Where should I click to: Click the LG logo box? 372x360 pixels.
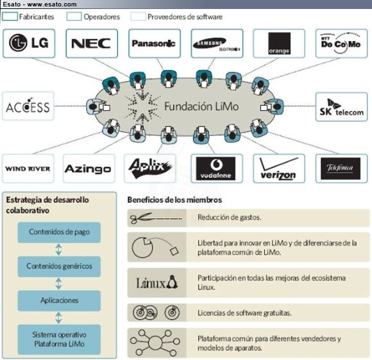[29, 44]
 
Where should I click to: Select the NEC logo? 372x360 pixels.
[91, 44]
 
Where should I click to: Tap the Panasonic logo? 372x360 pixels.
[154, 44]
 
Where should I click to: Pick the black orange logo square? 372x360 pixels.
[279, 44]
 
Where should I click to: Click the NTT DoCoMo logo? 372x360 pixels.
[341, 43]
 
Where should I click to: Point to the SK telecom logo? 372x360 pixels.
[341, 107]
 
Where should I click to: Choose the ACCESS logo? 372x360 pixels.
[28, 106]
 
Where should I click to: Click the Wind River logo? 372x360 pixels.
[28, 169]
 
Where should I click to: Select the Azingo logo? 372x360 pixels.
[88, 169]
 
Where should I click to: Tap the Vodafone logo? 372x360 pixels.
[216, 169]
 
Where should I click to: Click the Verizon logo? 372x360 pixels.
[279, 169]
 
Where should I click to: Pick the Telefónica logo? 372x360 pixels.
[341, 169]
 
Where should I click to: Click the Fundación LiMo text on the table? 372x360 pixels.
[201, 106]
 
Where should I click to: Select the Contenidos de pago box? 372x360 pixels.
[59, 232]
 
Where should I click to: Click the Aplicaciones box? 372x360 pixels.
[59, 300]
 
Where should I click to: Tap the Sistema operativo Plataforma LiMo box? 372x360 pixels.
[59, 339]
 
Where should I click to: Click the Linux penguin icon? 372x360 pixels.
[172, 282]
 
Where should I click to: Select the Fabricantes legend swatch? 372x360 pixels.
[10, 17]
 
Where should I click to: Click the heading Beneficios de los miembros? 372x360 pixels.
[174, 200]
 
